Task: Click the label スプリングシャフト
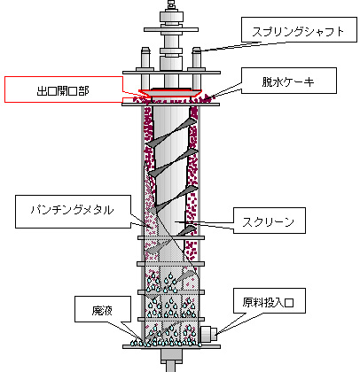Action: (x=299, y=32)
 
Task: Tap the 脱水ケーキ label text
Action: (x=288, y=81)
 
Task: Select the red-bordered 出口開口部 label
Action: (x=63, y=89)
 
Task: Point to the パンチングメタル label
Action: (x=73, y=210)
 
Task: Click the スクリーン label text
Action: (x=269, y=221)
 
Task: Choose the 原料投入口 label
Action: (x=269, y=302)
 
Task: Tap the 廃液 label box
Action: (x=103, y=309)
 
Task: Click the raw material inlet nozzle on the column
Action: (x=209, y=334)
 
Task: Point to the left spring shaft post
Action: (x=145, y=74)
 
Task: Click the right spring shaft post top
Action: (x=197, y=50)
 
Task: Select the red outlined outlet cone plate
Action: (x=170, y=92)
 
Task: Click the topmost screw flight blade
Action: (x=172, y=132)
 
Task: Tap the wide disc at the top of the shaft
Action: (x=171, y=29)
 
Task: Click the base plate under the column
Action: (x=171, y=346)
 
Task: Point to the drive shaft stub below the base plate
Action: (x=171, y=360)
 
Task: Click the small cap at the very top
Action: (x=171, y=4)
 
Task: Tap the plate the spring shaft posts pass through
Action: (x=171, y=73)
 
